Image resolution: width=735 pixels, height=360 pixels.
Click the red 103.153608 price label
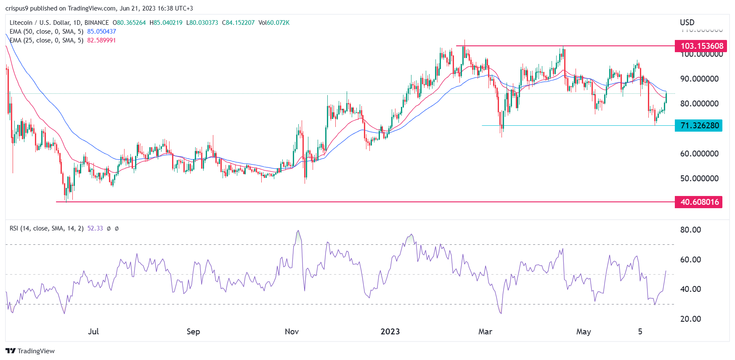(x=698, y=46)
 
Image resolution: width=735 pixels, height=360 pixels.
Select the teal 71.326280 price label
(x=698, y=125)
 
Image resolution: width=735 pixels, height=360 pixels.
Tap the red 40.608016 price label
(x=698, y=202)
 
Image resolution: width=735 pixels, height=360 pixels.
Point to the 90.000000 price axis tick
(x=699, y=79)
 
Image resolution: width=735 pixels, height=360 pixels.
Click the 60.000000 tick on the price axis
(x=699, y=154)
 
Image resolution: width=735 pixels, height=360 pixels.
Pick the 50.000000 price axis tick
(x=699, y=178)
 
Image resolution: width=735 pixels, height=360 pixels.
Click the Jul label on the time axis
(x=93, y=331)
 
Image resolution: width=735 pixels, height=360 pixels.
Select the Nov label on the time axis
(x=292, y=331)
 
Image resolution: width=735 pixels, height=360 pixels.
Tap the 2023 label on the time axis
(x=390, y=331)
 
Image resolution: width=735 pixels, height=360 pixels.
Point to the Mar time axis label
(x=485, y=331)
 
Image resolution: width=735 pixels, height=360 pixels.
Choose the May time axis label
(x=584, y=331)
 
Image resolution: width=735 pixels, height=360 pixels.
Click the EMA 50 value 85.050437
(x=101, y=32)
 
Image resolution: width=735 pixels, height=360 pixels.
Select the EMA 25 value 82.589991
(x=101, y=40)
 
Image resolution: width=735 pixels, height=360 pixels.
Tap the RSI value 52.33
(x=95, y=228)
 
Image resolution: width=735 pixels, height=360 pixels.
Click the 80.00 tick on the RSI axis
(x=690, y=230)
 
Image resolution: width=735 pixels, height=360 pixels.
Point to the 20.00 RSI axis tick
(x=690, y=319)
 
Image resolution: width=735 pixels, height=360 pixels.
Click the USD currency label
(x=687, y=22)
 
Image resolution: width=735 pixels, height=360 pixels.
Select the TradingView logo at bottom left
(x=30, y=351)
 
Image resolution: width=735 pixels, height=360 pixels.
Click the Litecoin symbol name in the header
(x=21, y=23)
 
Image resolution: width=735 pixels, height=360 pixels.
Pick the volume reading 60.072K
(x=278, y=23)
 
